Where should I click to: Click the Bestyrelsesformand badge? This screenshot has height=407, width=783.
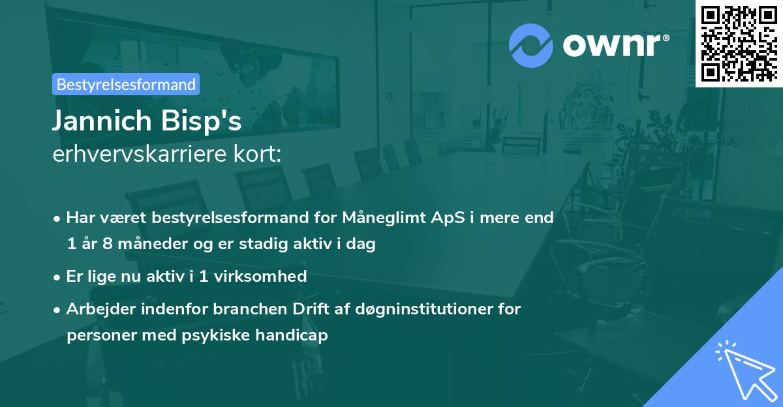point(126,84)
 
